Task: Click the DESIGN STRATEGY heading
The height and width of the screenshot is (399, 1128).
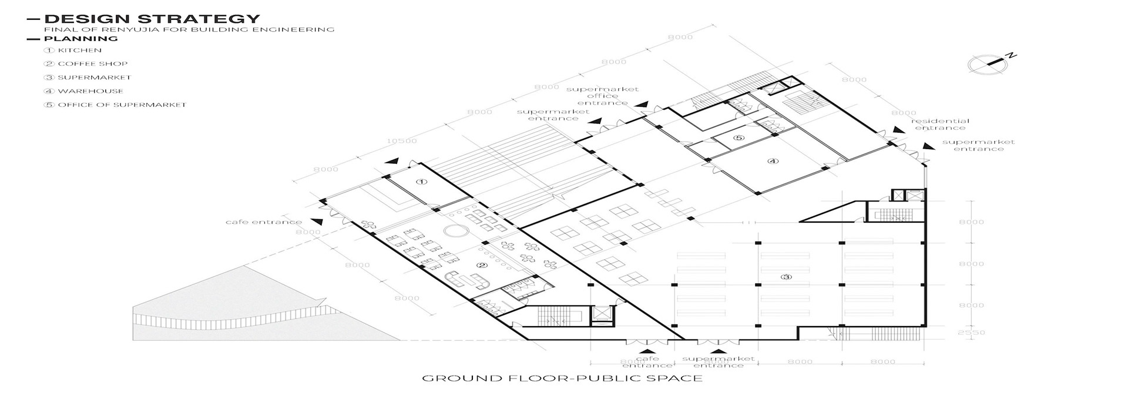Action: pos(152,19)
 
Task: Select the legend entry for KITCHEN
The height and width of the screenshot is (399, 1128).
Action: pos(79,51)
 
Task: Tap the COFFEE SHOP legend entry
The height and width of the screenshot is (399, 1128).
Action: pos(92,64)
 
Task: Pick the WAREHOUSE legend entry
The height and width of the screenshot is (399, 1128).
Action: pos(90,91)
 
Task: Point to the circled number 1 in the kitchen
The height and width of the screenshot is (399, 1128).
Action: pos(421,182)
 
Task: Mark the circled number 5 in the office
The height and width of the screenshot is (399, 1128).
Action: pos(738,139)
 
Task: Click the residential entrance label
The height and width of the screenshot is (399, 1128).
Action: pos(940,125)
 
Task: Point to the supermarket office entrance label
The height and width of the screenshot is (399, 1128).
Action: pos(602,96)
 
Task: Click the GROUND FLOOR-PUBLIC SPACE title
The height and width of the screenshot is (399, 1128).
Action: pos(562,378)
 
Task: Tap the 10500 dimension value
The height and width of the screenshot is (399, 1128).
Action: pos(402,141)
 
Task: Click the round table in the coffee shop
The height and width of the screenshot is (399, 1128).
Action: pos(453,230)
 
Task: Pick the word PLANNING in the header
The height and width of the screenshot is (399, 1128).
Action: pos(81,39)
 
